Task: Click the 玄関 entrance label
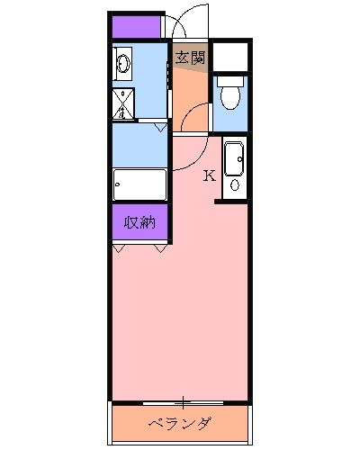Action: click(x=190, y=58)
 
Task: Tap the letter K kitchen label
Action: click(x=209, y=175)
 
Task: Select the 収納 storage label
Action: click(x=139, y=222)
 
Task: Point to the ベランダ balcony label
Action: click(x=180, y=424)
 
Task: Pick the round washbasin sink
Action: click(x=123, y=64)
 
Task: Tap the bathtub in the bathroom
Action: click(x=139, y=185)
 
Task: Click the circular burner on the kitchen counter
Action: click(x=235, y=184)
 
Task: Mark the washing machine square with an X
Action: click(x=123, y=103)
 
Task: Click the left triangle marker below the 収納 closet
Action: click(x=121, y=247)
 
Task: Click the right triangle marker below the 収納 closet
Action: click(x=160, y=247)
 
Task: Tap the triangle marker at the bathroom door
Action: click(x=160, y=128)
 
